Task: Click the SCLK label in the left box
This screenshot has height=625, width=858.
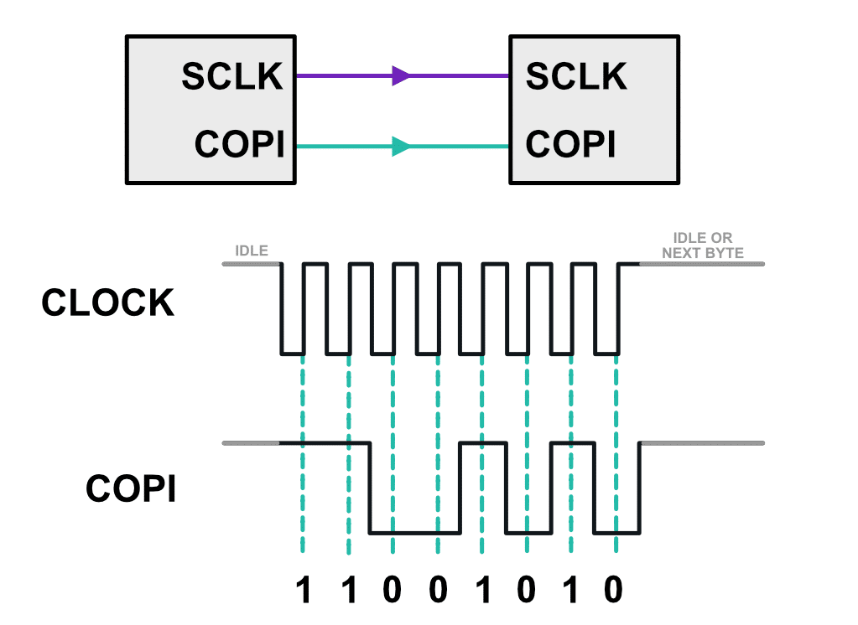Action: (x=232, y=77)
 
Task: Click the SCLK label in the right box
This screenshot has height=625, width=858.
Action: (x=576, y=77)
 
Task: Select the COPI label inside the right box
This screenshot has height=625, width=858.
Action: (x=571, y=145)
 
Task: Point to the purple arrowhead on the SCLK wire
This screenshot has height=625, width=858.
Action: (x=402, y=76)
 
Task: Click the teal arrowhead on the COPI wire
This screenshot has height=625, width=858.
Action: (x=402, y=147)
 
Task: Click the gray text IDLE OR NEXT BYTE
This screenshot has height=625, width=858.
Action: (x=702, y=245)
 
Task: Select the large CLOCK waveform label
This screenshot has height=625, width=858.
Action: (x=108, y=303)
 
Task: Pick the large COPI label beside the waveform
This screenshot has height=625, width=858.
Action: (x=131, y=489)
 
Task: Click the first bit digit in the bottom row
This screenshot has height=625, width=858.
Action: (x=304, y=591)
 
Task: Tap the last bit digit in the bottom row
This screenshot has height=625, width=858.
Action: (x=615, y=591)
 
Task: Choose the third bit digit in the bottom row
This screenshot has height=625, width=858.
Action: (x=393, y=591)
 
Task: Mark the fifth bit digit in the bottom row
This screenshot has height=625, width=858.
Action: (x=482, y=591)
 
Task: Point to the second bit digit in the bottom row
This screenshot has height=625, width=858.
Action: (x=349, y=591)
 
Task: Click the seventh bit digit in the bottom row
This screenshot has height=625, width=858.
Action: (x=571, y=591)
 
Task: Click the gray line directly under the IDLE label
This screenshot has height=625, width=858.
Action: (x=251, y=264)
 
